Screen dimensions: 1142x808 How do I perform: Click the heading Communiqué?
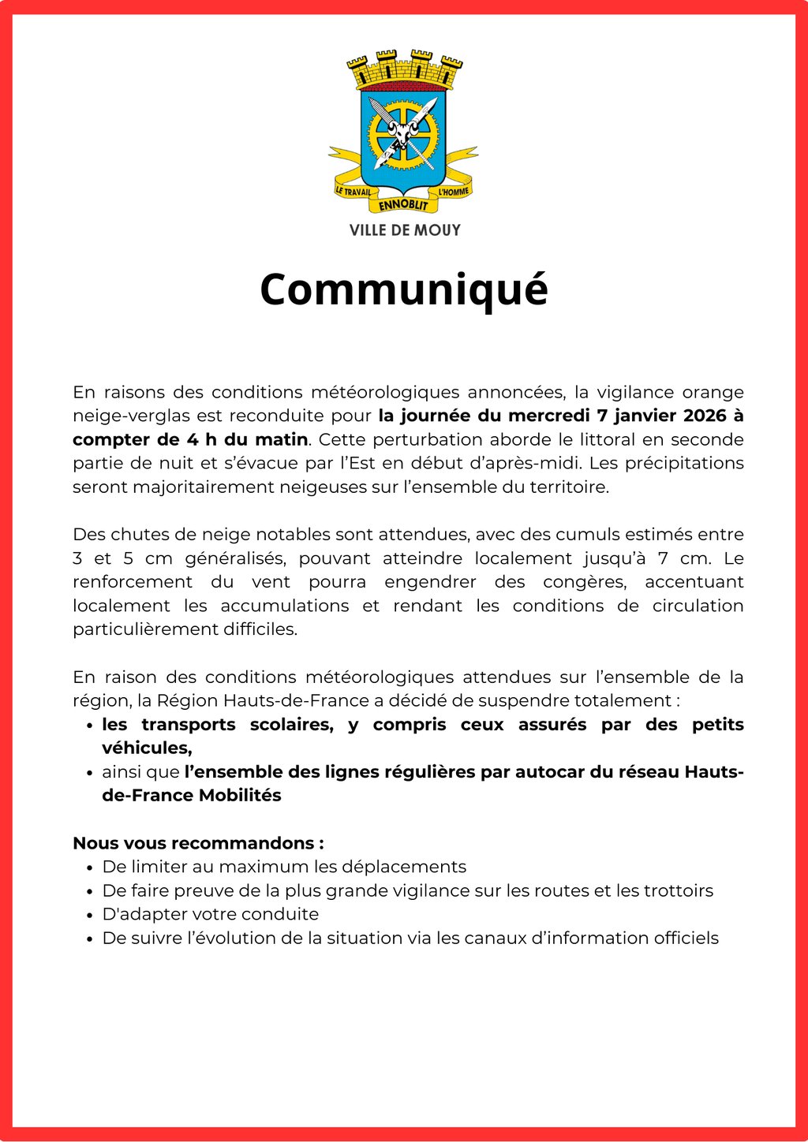[x=403, y=289]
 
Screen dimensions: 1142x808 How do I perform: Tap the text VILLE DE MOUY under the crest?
[x=405, y=230]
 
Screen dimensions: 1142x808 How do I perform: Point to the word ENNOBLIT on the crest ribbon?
[x=403, y=205]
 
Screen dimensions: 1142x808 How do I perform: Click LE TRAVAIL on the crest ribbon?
[x=353, y=191]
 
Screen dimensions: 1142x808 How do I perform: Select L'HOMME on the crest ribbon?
[x=454, y=191]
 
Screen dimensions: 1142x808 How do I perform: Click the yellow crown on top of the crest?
[x=405, y=69]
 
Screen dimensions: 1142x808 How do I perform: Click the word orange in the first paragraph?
[x=713, y=392]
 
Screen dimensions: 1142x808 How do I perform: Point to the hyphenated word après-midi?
[x=541, y=463]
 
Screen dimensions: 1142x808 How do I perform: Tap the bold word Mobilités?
[x=240, y=795]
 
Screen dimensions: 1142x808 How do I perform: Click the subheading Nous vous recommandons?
[x=198, y=843]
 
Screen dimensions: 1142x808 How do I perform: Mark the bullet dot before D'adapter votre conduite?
[x=90, y=915]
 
